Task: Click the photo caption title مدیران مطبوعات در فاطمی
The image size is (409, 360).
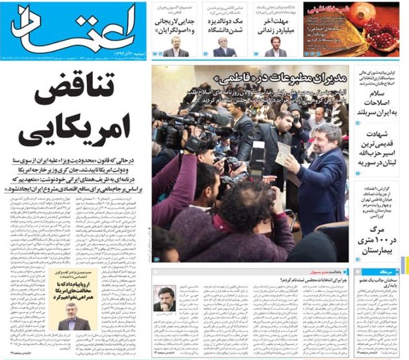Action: [297, 77]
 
